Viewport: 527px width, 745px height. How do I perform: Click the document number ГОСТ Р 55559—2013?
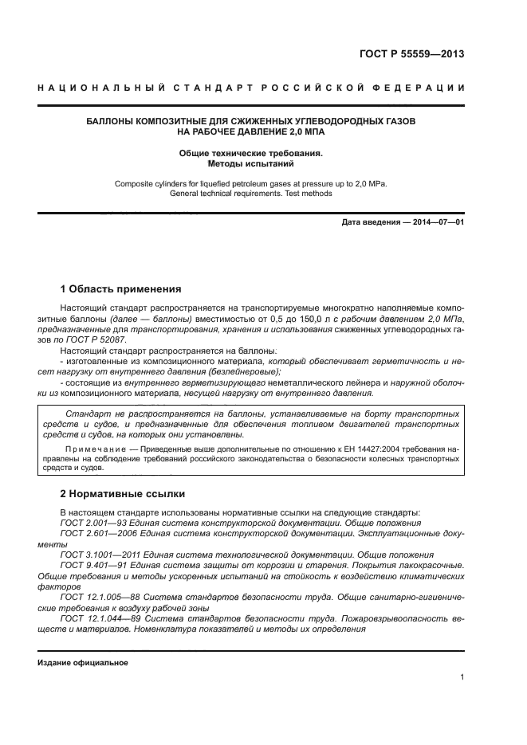(x=411, y=55)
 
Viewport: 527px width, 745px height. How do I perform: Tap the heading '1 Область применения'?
(x=121, y=288)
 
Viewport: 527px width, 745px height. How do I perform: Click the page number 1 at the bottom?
(x=462, y=676)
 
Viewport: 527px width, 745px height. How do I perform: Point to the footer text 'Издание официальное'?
(x=83, y=662)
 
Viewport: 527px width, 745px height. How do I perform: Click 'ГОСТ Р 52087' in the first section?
(x=97, y=339)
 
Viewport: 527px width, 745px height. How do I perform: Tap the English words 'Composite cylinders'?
(x=151, y=183)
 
